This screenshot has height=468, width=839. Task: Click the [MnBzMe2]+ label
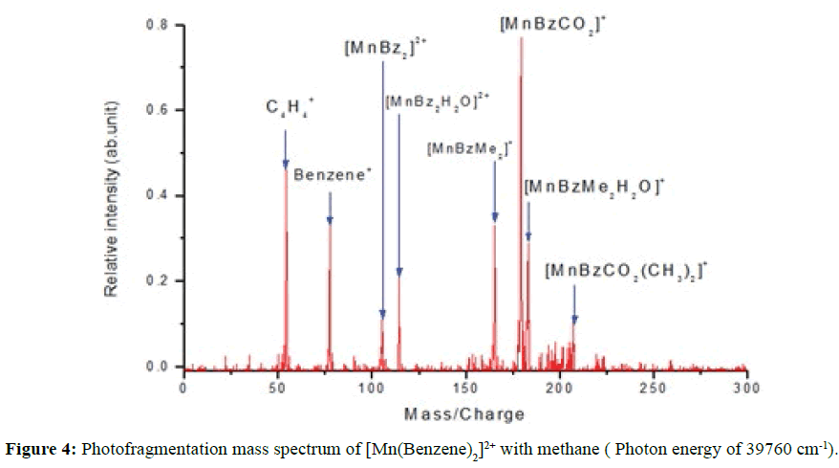(470, 148)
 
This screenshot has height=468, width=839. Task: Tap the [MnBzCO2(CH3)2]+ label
(625, 272)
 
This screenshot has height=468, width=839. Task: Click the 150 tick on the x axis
(464, 390)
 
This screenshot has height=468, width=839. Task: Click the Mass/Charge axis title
(464, 414)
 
